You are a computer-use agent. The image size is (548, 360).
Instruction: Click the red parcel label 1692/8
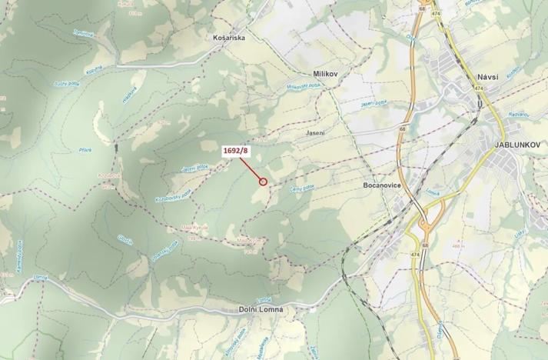tap(236, 152)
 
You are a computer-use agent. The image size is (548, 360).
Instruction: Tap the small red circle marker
tap(263, 182)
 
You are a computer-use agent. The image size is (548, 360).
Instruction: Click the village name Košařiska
tap(228, 37)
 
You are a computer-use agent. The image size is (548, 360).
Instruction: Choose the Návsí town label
tap(489, 78)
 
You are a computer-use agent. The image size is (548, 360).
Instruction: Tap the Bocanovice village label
tap(382, 185)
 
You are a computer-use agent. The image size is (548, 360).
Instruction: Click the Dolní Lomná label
tap(261, 309)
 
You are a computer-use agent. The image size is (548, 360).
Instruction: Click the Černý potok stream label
tap(301, 187)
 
